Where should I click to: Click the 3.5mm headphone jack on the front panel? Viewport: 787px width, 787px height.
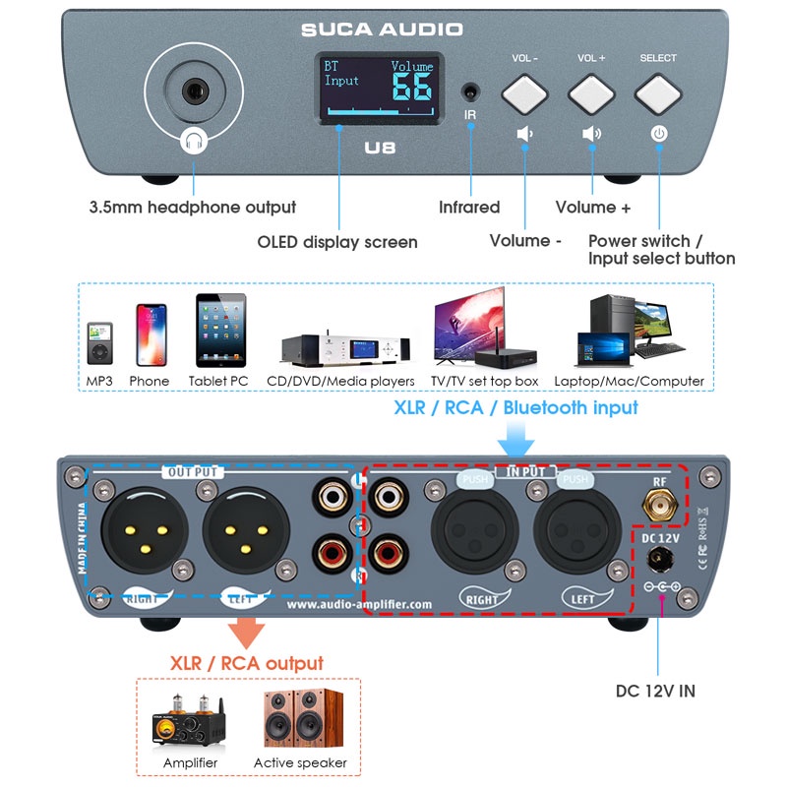click(x=193, y=93)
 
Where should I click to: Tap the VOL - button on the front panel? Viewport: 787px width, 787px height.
click(x=524, y=95)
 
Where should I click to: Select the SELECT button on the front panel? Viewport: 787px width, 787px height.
click(x=658, y=95)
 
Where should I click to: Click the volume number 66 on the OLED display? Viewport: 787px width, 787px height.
click(x=412, y=87)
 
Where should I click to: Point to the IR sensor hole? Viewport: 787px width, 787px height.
click(x=470, y=94)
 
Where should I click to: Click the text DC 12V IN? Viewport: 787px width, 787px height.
click(x=655, y=691)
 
